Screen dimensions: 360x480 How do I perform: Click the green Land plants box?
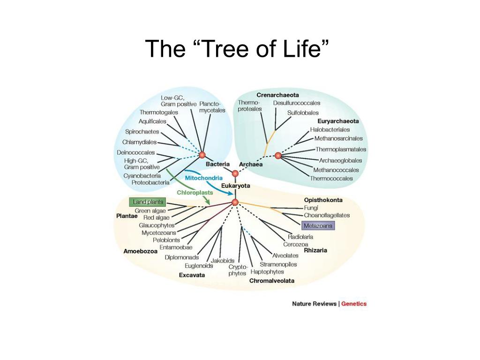147,202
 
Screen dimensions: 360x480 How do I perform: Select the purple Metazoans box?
318,225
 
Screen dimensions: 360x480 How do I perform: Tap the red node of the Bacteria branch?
202,155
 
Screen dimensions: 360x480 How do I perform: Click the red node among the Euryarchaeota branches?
278,155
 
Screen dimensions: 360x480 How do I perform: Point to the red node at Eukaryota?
235,202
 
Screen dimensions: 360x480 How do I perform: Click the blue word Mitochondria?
203,178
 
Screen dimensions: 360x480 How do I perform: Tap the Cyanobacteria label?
142,175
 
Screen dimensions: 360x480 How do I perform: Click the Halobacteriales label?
330,129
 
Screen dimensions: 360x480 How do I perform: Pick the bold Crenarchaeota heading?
277,95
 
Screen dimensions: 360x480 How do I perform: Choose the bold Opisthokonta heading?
323,200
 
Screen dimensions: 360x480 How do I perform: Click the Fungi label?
311,208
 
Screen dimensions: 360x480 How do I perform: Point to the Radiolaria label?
300,237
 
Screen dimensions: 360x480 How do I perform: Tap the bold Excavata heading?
192,275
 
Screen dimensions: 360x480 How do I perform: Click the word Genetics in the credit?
354,304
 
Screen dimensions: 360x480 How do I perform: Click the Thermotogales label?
159,112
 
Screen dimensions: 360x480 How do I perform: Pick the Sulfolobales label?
303,112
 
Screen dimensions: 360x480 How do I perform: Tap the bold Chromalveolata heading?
272,281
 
